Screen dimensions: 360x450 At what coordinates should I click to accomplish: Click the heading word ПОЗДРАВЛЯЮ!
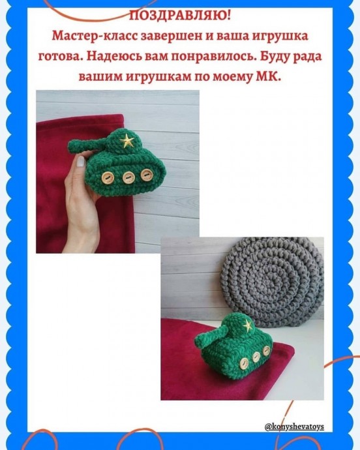(x=180, y=16)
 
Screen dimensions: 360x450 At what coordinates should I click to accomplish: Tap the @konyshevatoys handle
(x=294, y=427)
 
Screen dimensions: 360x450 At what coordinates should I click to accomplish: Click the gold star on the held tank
(x=127, y=141)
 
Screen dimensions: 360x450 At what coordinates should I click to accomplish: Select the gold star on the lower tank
(x=247, y=325)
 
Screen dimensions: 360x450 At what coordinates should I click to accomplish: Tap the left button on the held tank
(x=108, y=178)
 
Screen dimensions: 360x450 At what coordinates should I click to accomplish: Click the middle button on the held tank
(x=128, y=177)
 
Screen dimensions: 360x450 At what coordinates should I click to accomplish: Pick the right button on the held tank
(x=146, y=175)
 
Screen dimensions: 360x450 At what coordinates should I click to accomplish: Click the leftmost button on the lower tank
(x=245, y=362)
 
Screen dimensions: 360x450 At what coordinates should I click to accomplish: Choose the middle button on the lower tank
(x=256, y=357)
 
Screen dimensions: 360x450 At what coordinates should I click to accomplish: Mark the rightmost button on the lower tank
(x=267, y=351)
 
